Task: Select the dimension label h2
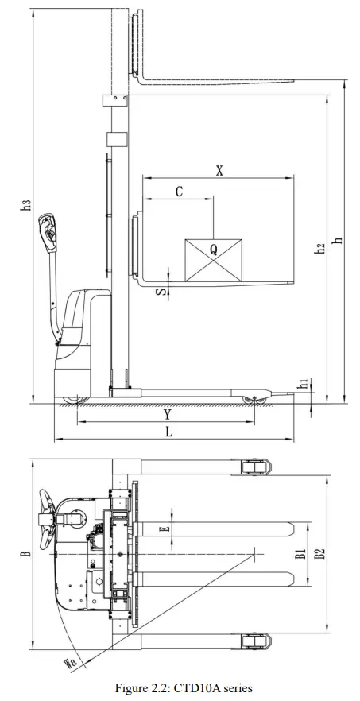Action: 319,248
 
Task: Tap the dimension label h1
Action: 303,385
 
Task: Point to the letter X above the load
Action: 219,171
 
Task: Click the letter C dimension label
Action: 179,192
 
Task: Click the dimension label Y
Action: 167,415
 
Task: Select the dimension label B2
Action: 319,553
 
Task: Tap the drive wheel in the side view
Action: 74,395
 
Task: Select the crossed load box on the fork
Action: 213,258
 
